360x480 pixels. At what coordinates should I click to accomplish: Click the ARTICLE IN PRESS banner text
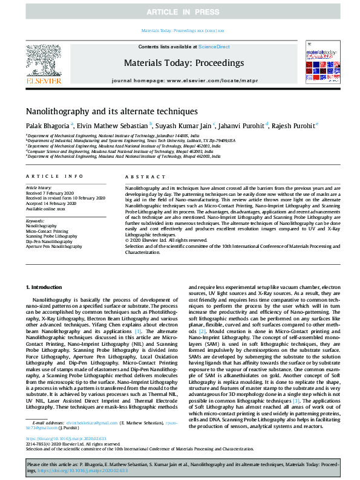[180, 12]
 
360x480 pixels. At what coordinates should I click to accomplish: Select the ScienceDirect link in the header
[215, 47]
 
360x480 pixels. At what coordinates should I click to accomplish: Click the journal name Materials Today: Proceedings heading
[183, 63]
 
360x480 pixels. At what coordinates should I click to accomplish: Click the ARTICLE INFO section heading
[55, 176]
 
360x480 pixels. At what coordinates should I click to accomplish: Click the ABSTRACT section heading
[140, 176]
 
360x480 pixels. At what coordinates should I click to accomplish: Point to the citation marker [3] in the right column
[296, 383]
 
